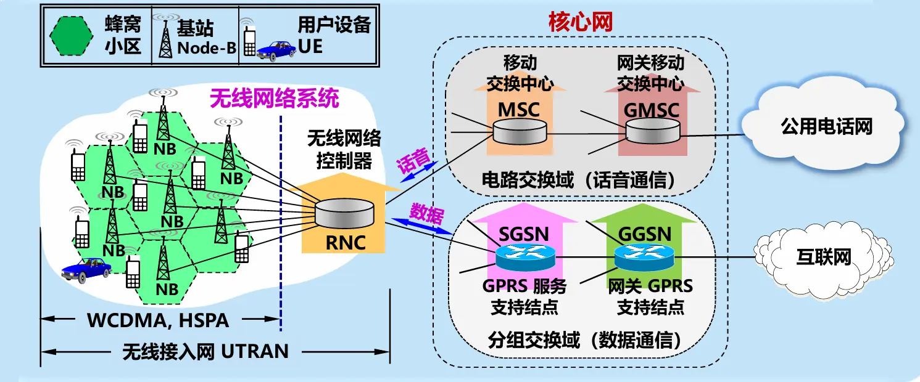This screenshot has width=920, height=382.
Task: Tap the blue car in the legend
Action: pyautogui.click(x=276, y=49)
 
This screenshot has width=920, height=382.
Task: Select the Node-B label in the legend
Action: pyautogui.click(x=207, y=48)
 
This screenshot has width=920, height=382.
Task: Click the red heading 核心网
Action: pyautogui.click(x=580, y=23)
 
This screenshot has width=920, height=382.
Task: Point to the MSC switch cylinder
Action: pyautogui.click(x=520, y=131)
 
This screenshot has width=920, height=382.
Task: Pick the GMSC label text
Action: pyautogui.click(x=652, y=110)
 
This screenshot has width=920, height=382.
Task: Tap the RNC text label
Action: pyautogui.click(x=346, y=242)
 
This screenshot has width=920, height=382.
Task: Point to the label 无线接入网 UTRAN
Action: pyautogui.click(x=205, y=352)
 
